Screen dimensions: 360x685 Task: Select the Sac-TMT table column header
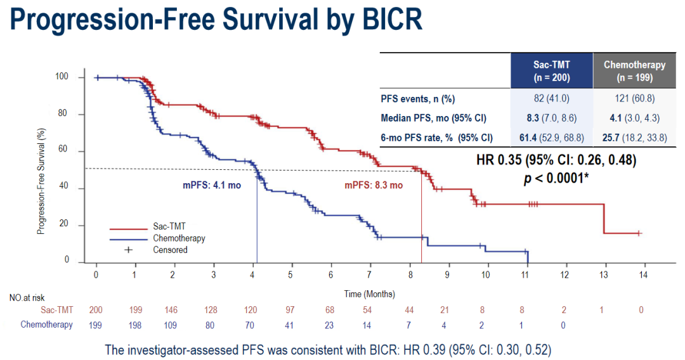pos(551,71)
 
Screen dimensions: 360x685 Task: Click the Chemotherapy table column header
pos(634,71)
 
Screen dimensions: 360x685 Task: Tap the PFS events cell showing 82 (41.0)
pos(551,99)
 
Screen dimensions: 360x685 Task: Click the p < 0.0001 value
pos(556,178)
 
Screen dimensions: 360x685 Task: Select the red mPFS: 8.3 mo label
pos(373,186)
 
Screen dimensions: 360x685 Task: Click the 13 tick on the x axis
pos(603,274)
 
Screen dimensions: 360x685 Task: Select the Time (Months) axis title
pos(369,293)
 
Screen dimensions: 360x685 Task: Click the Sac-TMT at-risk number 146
pos(174,310)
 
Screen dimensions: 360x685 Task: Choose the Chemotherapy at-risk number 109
pos(174,325)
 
